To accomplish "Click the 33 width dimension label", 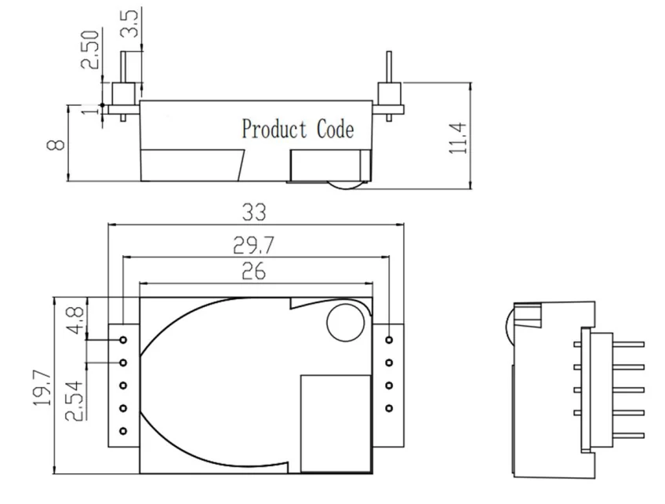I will (255, 212).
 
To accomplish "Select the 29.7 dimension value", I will (255, 246).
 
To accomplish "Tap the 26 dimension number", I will (255, 272).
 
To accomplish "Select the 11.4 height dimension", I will (459, 138).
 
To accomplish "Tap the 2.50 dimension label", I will (93, 49).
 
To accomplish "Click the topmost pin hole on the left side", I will (123, 339).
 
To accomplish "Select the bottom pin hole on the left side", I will (123, 431).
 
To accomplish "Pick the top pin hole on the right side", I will (390, 339).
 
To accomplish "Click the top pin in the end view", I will (620, 342).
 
